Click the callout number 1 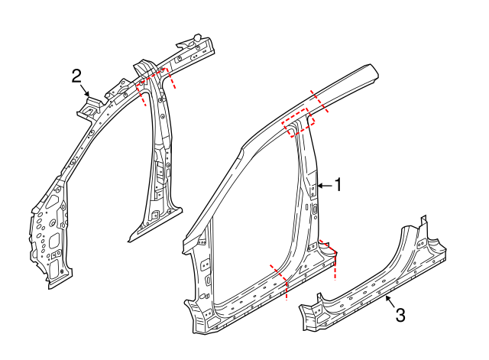(x=337, y=184)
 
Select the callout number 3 (x=400, y=313)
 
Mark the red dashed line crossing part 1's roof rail (x=320, y=100)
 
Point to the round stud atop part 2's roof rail (x=196, y=37)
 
